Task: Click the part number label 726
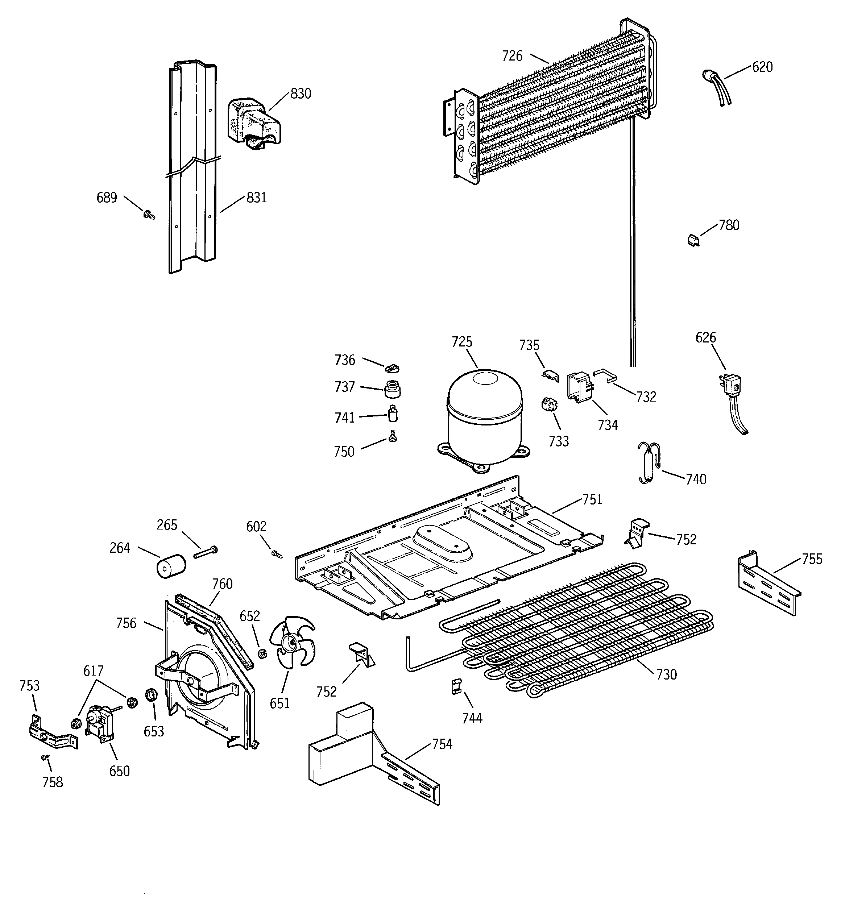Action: (x=512, y=56)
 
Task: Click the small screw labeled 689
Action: (x=149, y=215)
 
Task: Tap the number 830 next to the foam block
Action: (x=301, y=94)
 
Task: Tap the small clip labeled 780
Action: (x=694, y=240)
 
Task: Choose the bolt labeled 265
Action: (x=206, y=551)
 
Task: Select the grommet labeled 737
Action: (x=392, y=389)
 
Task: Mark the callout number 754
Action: (x=442, y=744)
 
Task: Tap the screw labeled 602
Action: (x=276, y=555)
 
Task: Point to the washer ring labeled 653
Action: (x=150, y=695)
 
